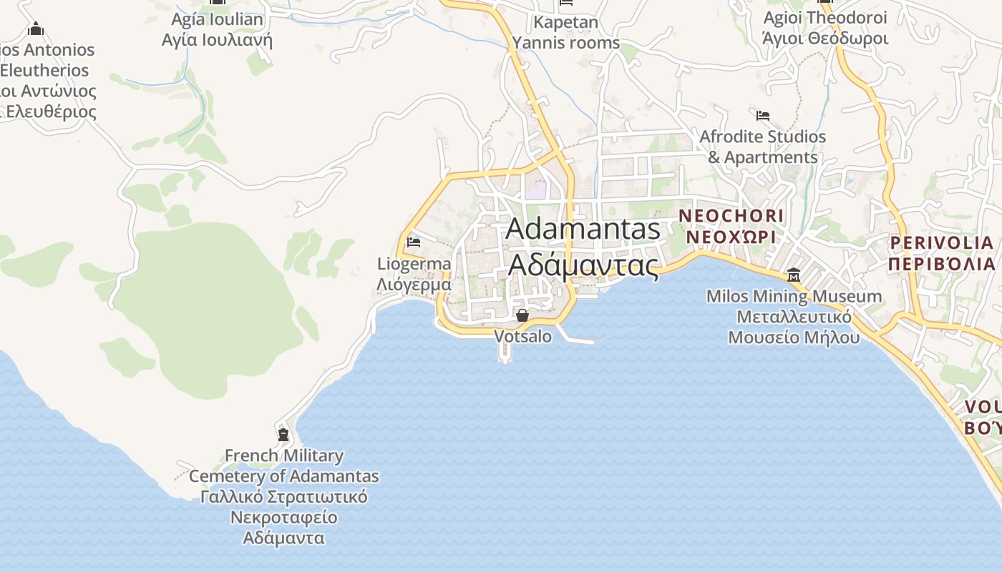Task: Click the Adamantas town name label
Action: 583,229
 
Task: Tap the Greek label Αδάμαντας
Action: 583,265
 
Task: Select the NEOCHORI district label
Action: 731,215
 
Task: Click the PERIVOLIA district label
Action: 942,242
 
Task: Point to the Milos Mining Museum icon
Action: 794,275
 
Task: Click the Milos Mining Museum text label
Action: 794,296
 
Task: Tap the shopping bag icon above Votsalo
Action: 522,315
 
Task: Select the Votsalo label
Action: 523,336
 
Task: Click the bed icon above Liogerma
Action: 413,242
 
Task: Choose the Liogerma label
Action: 414,264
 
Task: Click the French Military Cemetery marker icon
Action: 283,434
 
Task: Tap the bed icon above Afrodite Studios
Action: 763,115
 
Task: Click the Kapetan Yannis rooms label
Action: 565,32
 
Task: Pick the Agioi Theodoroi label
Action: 825,18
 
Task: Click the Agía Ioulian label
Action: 218,19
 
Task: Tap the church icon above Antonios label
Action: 36,29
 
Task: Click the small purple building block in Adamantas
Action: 535,190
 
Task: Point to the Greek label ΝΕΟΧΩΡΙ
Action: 731,236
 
